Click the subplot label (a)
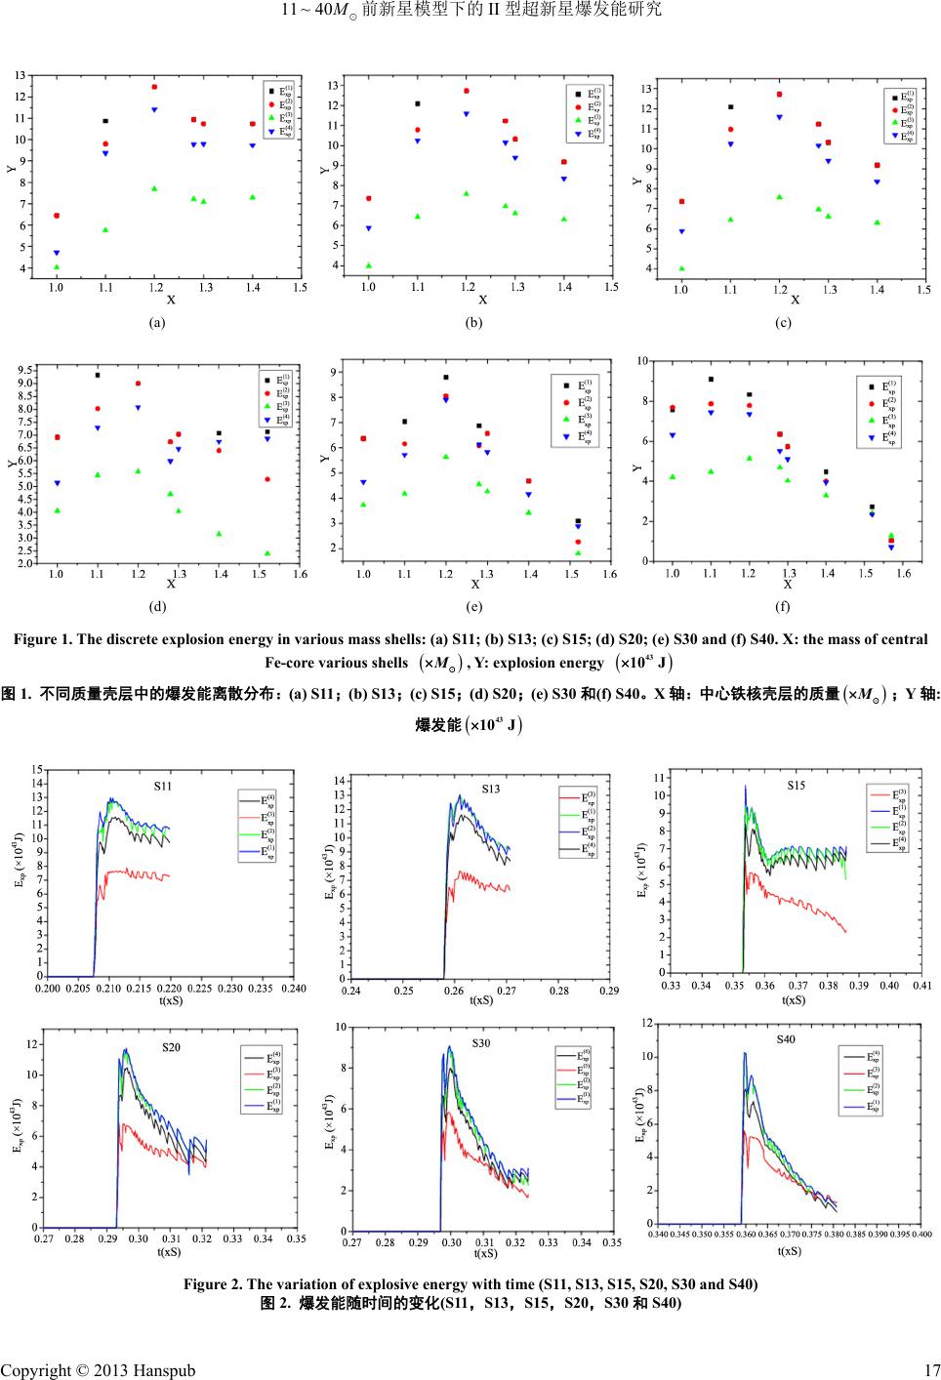tap(157, 322)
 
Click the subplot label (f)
tap(783, 606)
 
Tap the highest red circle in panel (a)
tap(154, 87)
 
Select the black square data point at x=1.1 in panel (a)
tap(105, 121)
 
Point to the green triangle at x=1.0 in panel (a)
tap(57, 266)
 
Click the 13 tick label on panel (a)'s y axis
tap(20, 75)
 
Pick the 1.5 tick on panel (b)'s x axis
tap(611, 287)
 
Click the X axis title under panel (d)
tap(171, 584)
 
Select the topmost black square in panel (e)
tap(446, 377)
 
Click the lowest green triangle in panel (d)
tap(267, 553)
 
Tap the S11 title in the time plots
tap(164, 785)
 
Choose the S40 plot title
tap(786, 1039)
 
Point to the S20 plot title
tap(171, 1047)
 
